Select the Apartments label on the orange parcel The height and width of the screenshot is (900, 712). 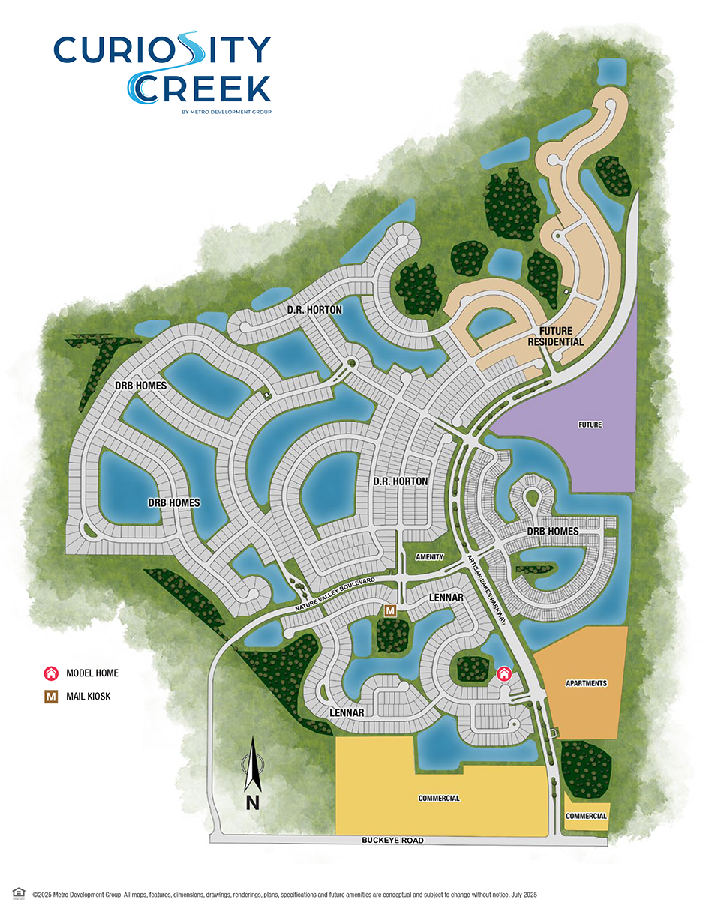coord(586,683)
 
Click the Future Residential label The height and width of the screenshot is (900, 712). coord(557,336)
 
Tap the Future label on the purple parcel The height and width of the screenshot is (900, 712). coord(590,424)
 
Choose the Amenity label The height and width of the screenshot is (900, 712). coord(430,557)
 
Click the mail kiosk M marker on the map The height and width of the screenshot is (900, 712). coord(389,611)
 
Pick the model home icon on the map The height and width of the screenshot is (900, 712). coord(504,673)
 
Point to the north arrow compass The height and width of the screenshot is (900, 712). coord(253,772)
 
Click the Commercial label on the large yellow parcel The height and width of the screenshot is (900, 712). coord(439,799)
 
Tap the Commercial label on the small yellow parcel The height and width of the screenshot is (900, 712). coord(586,816)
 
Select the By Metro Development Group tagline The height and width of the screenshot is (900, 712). coord(226,112)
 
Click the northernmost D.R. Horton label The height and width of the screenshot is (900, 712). coord(314,310)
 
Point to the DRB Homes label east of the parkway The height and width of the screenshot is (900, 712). coord(553,532)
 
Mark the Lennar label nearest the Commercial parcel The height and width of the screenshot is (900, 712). coord(347,712)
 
